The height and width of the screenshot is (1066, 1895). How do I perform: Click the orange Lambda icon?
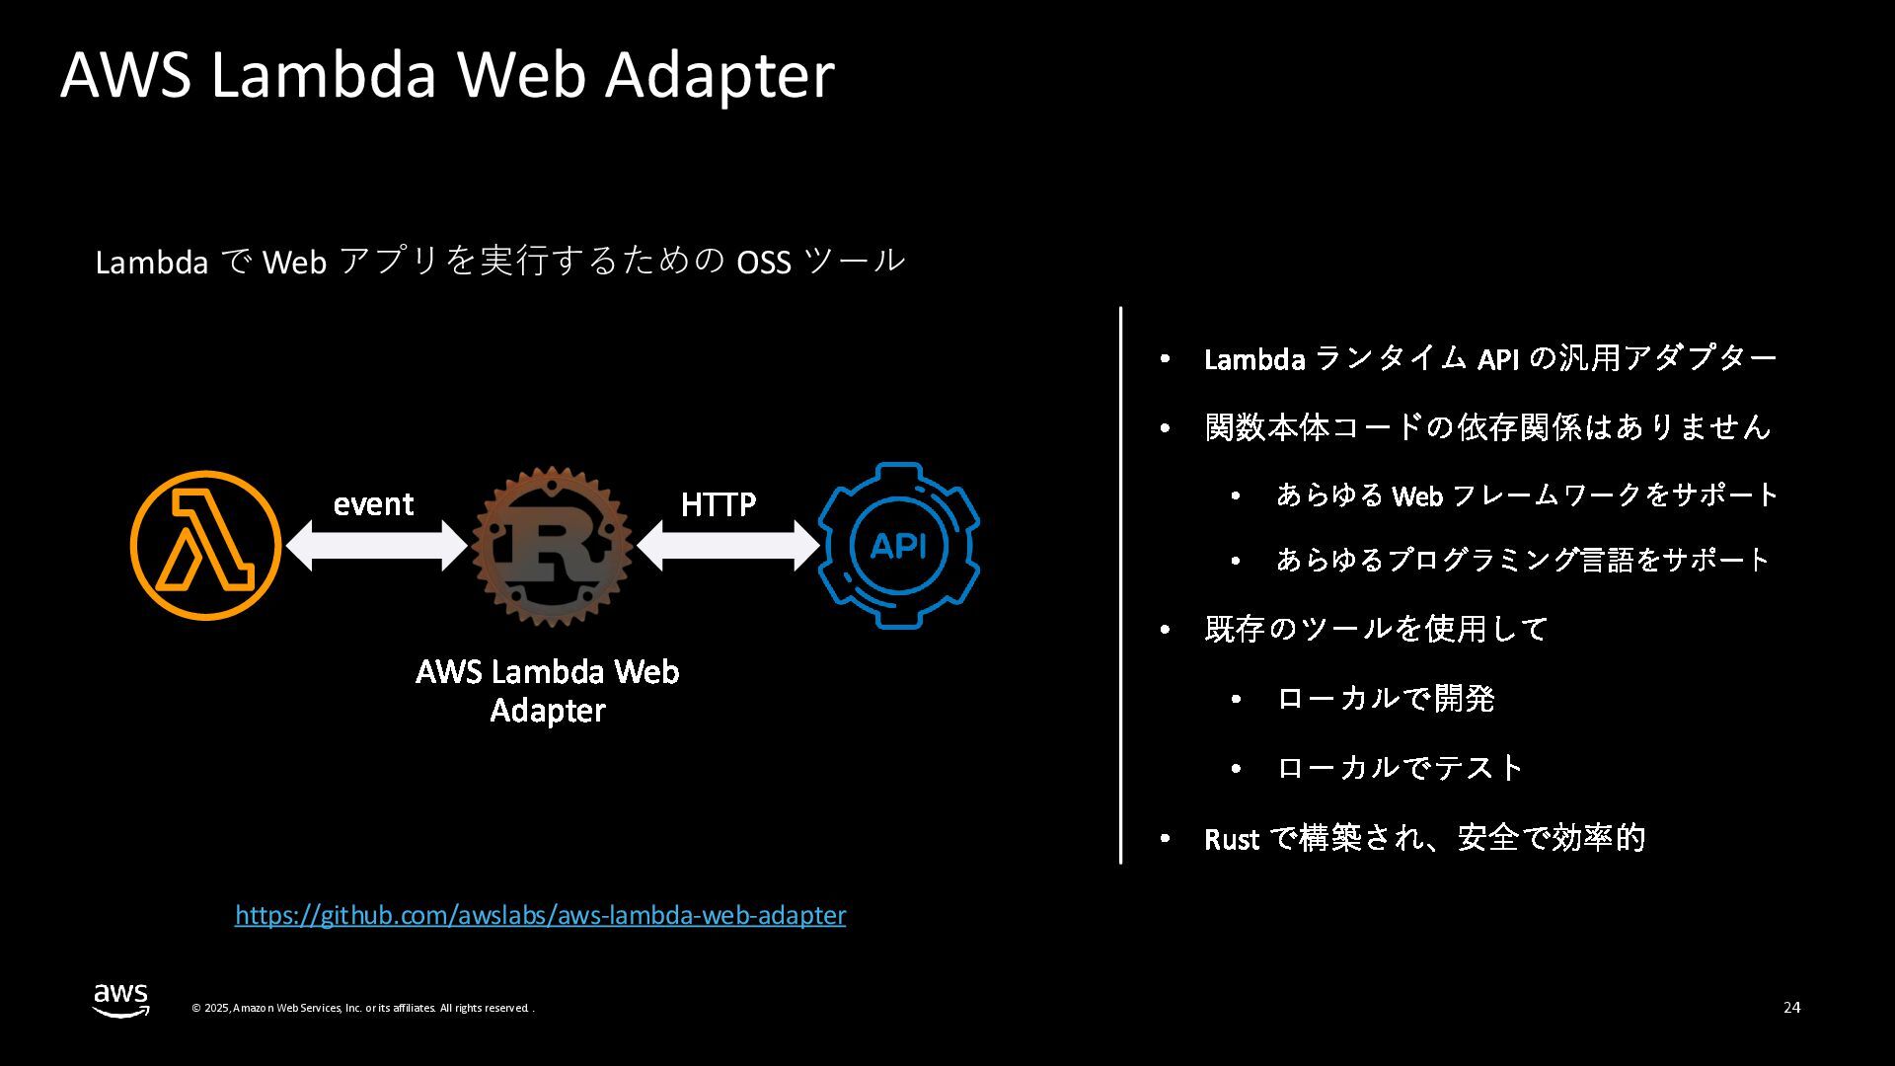pos(205,545)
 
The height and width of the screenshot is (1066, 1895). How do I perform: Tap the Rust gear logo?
pos(551,546)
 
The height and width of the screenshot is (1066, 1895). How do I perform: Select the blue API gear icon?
pos(898,545)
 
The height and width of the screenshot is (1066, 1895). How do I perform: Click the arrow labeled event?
pos(375,546)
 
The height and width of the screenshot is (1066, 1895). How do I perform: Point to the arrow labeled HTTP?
pos(727,546)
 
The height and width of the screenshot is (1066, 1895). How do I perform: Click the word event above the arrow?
pos(373,504)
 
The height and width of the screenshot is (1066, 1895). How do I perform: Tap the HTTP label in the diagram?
pos(719,505)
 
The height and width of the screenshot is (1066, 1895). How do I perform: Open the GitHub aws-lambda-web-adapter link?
pos(540,916)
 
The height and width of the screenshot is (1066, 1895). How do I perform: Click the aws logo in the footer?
pos(121,999)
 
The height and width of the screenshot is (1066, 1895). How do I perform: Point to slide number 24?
pos(1791,1008)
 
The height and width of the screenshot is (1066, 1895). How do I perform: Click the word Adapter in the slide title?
pos(720,75)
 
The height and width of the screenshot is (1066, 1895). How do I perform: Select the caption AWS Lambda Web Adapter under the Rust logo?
pos(548,691)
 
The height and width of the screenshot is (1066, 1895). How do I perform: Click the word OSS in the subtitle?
pos(764,263)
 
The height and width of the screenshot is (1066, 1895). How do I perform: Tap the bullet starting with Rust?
pos(1424,839)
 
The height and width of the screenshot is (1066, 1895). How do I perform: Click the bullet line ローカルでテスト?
pos(1400,768)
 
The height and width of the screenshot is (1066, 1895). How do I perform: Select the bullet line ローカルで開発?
pos(1385,699)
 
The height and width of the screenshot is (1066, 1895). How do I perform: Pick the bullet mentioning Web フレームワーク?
pos(1526,495)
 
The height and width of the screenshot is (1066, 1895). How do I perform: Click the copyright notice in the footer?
pos(362,1008)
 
